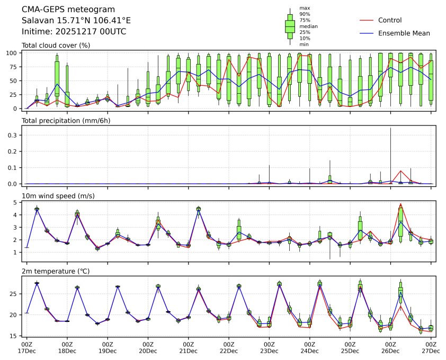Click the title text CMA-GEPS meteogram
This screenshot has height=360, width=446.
point(61,10)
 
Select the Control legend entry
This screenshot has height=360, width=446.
point(390,20)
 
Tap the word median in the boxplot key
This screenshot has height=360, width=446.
point(308,26)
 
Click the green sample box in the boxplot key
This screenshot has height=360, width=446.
point(290,26)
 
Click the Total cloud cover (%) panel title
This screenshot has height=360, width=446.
point(56,45)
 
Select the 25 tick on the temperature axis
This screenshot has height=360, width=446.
point(15,294)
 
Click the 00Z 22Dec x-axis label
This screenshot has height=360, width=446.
point(229,347)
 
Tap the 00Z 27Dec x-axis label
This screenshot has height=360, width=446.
point(431,347)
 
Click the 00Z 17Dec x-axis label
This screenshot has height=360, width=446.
point(27,347)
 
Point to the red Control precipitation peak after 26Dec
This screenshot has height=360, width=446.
point(401,171)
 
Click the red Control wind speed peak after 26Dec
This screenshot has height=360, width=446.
point(401,204)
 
